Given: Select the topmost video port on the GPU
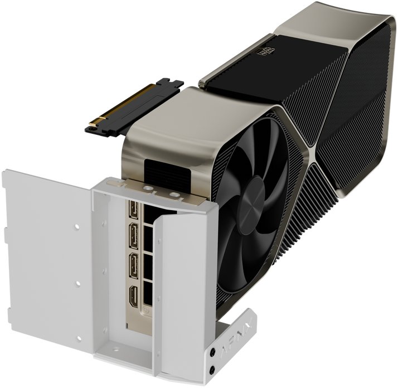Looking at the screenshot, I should [x=133, y=210].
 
